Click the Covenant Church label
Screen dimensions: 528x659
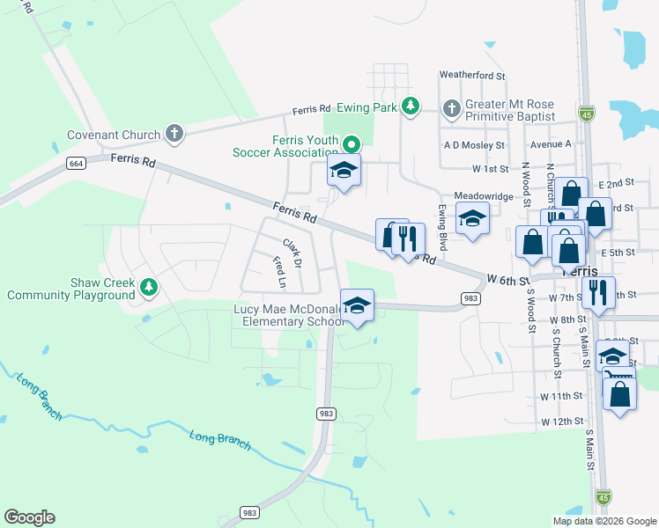(x=114, y=135)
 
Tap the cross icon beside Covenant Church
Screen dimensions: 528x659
(x=174, y=134)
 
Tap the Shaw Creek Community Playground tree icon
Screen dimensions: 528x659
(x=149, y=286)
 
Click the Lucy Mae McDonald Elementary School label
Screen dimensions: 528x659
(x=289, y=315)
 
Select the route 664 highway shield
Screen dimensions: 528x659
(x=75, y=164)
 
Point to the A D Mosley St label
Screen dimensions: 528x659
(x=475, y=145)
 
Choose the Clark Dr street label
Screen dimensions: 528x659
(x=292, y=253)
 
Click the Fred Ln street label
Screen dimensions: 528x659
(x=279, y=273)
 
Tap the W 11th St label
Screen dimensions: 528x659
(x=562, y=397)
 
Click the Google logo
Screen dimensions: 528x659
(x=29, y=517)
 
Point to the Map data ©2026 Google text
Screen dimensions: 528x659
(x=603, y=521)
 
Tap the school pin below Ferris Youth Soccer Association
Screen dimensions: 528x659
(x=344, y=172)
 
